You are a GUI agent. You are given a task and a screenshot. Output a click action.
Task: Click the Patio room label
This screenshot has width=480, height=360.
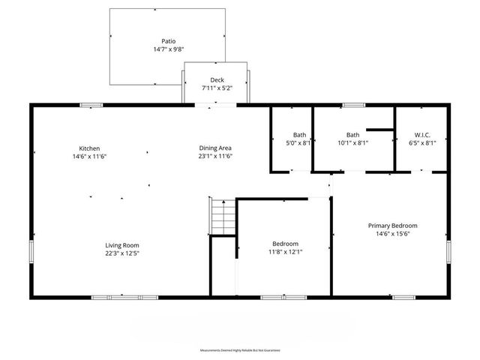pyautogui.click(x=168, y=41)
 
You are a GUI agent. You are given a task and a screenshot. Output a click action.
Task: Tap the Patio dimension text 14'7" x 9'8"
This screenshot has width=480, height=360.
pyautogui.click(x=168, y=49)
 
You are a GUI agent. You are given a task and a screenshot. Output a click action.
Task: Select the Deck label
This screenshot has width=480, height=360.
pyautogui.click(x=217, y=80)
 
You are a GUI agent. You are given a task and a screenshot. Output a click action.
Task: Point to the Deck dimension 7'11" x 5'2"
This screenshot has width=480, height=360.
pyautogui.click(x=217, y=88)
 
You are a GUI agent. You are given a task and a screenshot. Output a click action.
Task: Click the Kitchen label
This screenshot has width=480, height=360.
pyautogui.click(x=90, y=148)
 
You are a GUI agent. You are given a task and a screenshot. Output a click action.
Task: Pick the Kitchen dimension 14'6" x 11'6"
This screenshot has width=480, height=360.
pyautogui.click(x=90, y=157)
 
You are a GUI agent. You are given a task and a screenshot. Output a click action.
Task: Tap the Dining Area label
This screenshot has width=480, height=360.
pyautogui.click(x=214, y=148)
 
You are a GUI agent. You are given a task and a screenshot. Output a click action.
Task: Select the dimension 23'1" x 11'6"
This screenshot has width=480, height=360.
pyautogui.click(x=214, y=157)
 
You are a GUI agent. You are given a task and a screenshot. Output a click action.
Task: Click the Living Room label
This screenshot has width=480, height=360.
pyautogui.click(x=121, y=245)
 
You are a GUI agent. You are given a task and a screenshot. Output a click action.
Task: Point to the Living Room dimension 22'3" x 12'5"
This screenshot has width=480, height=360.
pyautogui.click(x=121, y=253)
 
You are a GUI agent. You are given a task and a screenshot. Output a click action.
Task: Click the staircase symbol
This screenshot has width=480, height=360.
pyautogui.click(x=223, y=217)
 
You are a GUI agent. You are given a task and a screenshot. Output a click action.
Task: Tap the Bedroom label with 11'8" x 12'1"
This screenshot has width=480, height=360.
pyautogui.click(x=285, y=244)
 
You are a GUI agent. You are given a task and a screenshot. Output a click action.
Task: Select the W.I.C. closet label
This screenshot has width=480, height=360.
pyautogui.click(x=421, y=135)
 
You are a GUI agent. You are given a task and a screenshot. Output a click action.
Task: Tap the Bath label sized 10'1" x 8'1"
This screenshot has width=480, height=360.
pyautogui.click(x=352, y=135)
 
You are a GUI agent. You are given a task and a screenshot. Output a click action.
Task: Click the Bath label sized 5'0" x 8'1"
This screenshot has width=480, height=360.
pyautogui.click(x=299, y=135)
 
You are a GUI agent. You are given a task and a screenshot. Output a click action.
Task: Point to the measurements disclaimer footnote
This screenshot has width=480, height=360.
pyautogui.click(x=240, y=350)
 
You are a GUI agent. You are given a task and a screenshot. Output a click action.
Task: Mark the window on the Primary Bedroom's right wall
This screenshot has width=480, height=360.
pyautogui.click(x=448, y=252)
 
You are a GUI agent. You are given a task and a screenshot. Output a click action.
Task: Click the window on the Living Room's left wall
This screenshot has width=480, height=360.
pyautogui.click(x=31, y=251)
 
